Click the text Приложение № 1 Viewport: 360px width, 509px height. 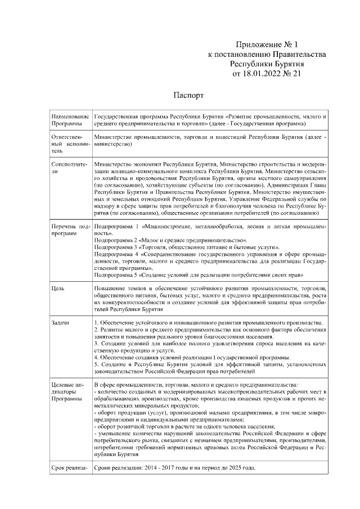269,44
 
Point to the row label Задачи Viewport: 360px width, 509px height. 60,322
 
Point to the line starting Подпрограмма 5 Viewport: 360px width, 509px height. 199,275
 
